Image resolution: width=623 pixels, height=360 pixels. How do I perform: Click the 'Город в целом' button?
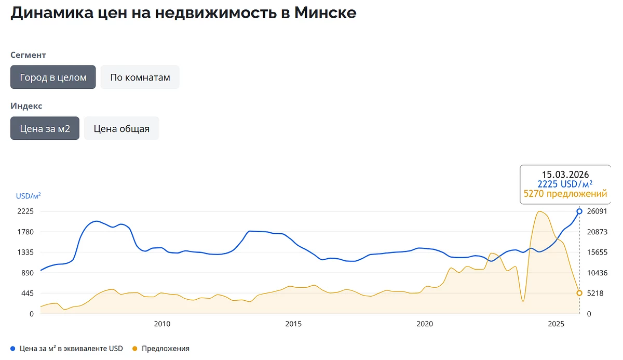pos(53,77)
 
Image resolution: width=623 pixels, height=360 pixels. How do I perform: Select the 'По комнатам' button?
pos(140,77)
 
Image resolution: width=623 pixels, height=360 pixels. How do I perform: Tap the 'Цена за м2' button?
pos(45,128)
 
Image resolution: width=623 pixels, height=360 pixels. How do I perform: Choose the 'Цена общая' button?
pos(121,128)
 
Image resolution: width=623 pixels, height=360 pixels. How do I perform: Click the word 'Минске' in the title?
pos(325,12)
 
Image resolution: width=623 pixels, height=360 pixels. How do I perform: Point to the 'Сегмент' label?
pos(29,55)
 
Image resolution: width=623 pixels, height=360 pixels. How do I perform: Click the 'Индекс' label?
pos(26,106)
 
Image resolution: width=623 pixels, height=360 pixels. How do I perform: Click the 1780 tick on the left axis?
pos(25,232)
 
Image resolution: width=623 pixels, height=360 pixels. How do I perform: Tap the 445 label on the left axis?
pos(28,294)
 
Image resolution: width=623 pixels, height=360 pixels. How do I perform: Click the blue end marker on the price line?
pos(579,211)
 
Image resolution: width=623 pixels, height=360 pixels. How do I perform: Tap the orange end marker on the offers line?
pos(579,293)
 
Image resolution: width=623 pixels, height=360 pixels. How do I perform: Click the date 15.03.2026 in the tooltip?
pos(565,175)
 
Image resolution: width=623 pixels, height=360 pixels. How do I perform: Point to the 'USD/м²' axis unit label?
pos(29,196)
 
